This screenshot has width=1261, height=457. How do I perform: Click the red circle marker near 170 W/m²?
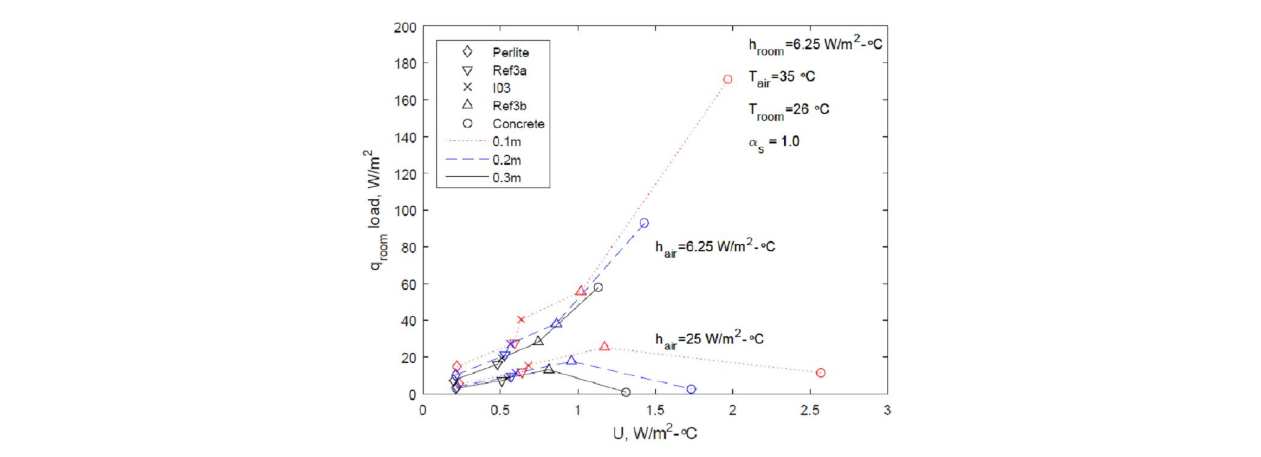click(727, 79)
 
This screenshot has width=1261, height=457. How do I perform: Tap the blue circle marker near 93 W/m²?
click(644, 223)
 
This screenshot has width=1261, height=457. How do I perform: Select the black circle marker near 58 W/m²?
click(598, 288)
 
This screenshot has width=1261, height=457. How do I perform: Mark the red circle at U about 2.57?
click(821, 373)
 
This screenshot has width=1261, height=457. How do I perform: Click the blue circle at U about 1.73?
click(691, 390)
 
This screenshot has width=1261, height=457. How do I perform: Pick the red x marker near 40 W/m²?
click(521, 320)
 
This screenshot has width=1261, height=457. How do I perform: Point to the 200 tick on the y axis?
click(405, 27)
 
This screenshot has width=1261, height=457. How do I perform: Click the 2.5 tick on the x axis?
click(810, 410)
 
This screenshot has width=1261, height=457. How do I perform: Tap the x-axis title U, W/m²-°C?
click(655, 433)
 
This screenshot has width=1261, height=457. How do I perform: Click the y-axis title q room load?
click(376, 210)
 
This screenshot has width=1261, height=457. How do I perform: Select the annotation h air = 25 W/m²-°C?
click(709, 339)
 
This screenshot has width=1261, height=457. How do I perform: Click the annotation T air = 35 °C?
click(781, 77)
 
